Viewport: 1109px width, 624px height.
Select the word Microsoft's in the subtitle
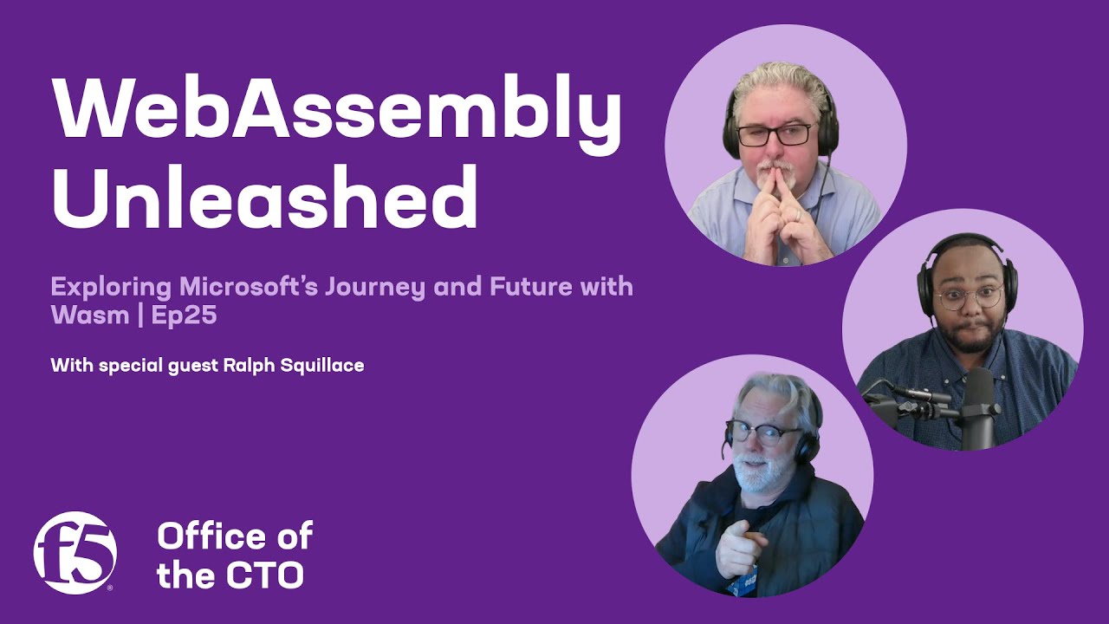[229, 286]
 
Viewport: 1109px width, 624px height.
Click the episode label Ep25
[184, 315]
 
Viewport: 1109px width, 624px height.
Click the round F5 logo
[75, 552]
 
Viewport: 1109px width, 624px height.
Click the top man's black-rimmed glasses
[774, 134]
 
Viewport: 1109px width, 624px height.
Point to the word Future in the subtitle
[530, 286]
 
